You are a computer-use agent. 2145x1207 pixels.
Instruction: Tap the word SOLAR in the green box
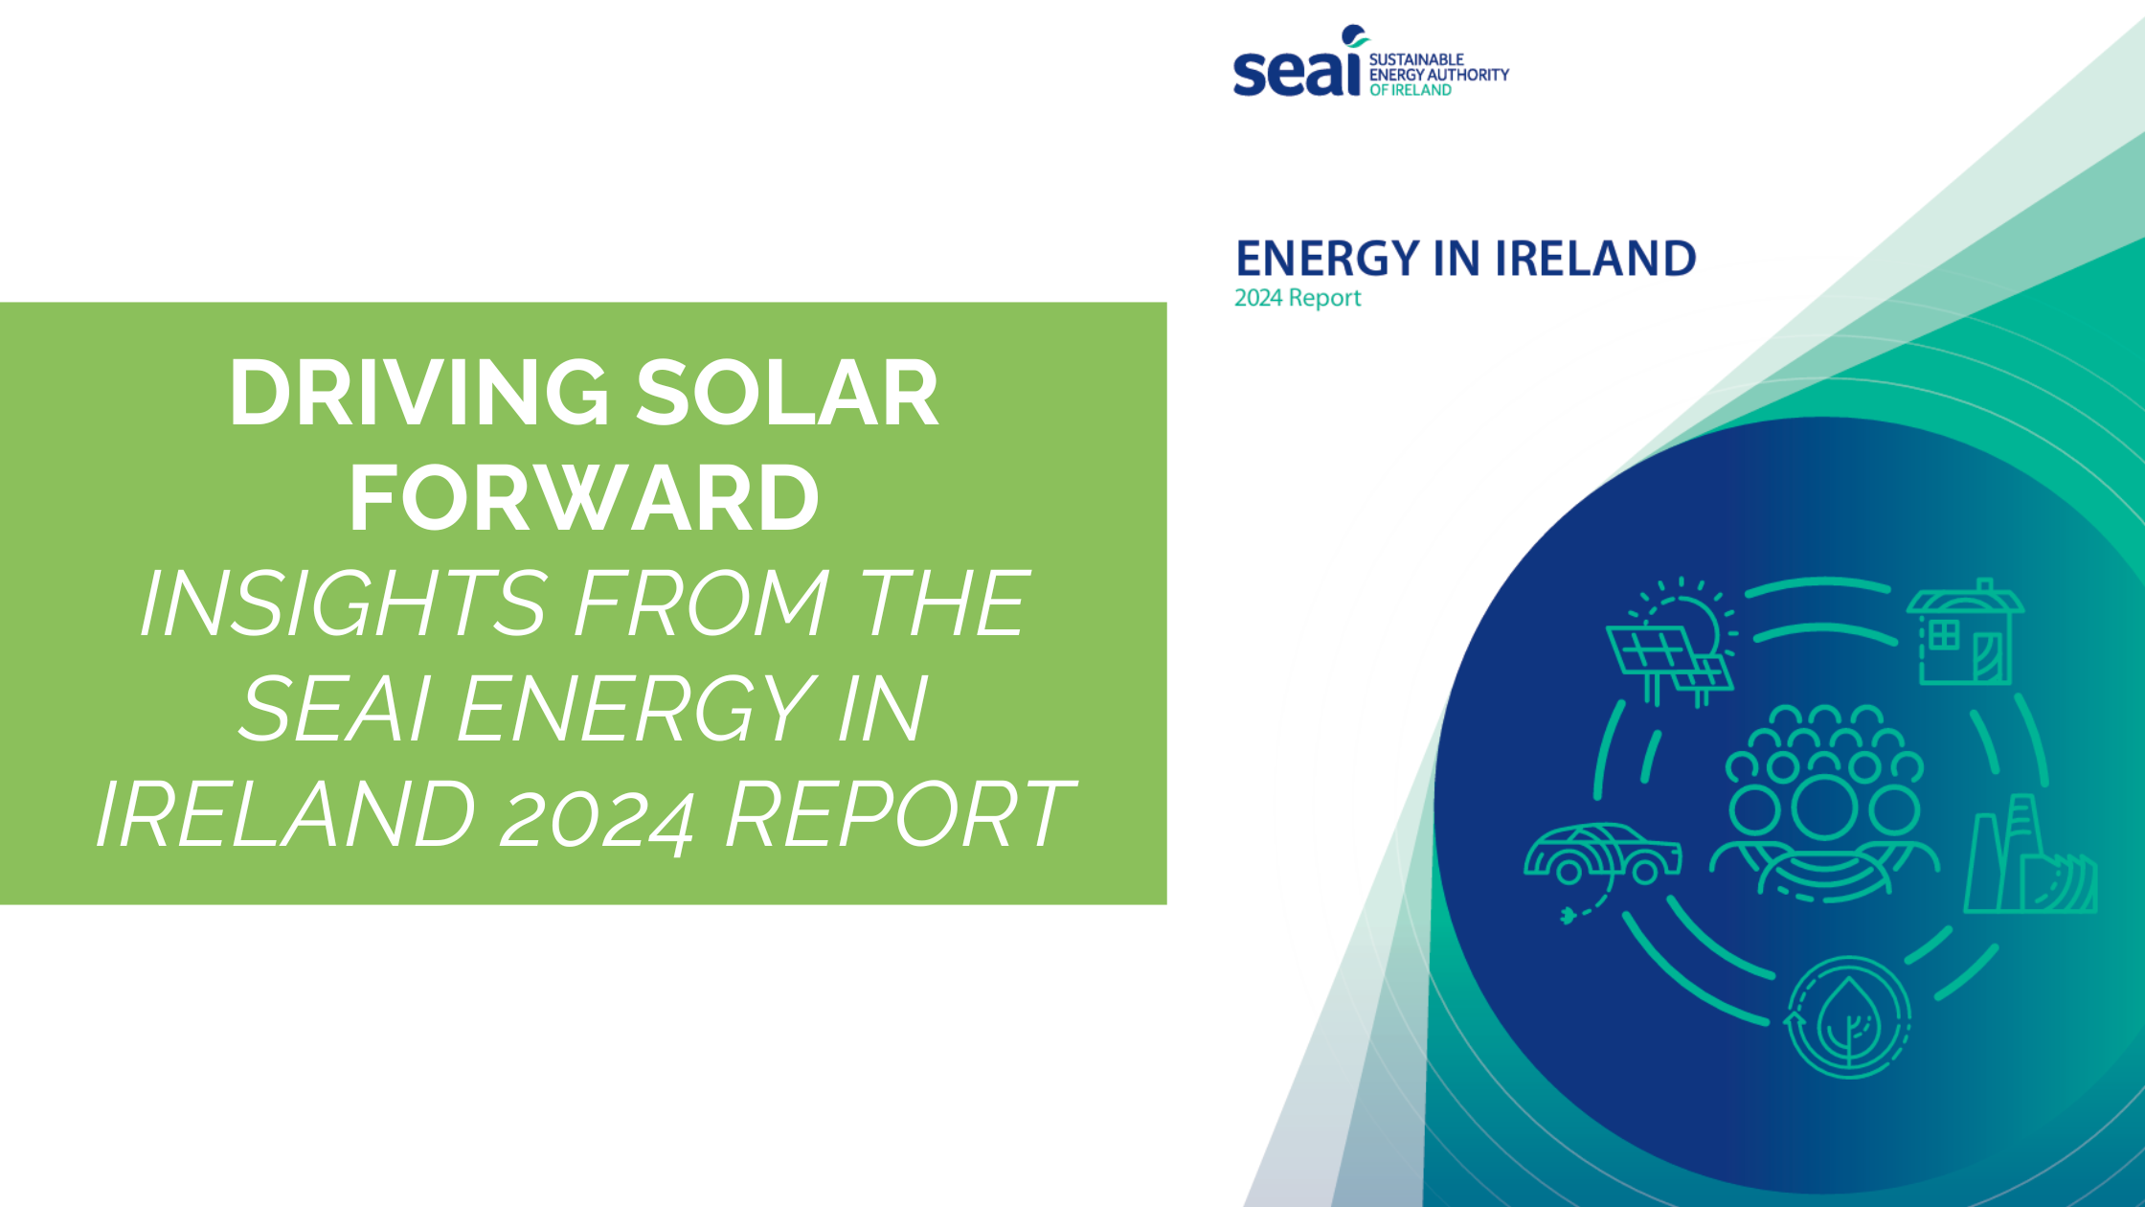pyautogui.click(x=787, y=393)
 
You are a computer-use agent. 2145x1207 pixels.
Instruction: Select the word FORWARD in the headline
pyautogui.click(x=584, y=498)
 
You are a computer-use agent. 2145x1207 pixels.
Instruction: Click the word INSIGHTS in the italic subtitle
pyautogui.click(x=344, y=603)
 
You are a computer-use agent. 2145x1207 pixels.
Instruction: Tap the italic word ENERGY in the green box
pyautogui.click(x=636, y=709)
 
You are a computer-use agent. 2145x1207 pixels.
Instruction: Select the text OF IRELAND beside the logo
pyautogui.click(x=1410, y=90)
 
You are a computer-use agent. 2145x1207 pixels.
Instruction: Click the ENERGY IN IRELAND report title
pyautogui.click(x=1465, y=259)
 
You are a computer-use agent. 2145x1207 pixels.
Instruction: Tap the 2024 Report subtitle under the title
pyautogui.click(x=1297, y=298)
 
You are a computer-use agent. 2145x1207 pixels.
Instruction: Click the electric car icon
pyautogui.click(x=1602, y=854)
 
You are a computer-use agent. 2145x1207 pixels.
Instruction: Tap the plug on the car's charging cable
pyautogui.click(x=1568, y=917)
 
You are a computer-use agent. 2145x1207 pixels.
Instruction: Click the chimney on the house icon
pyautogui.click(x=1985, y=585)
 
